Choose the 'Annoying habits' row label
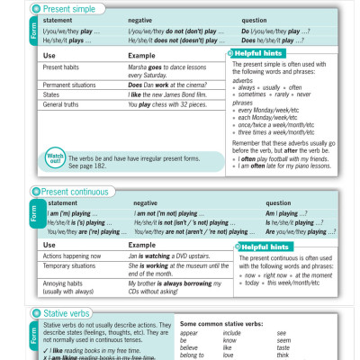pos(67,283)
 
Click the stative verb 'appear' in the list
pos(189,333)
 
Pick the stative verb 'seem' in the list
pos(283,340)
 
